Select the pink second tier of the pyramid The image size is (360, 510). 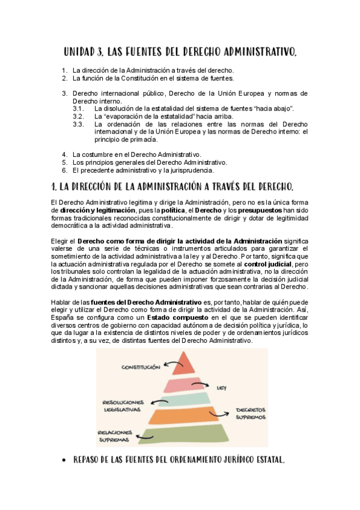point(186,384)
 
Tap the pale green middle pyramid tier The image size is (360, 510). point(186,399)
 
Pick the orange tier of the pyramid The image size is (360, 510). point(186,416)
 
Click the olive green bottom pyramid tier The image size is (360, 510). point(186,435)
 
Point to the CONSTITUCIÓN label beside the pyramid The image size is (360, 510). point(141,366)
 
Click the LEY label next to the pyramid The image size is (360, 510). point(221,388)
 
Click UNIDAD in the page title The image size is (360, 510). point(85,54)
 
